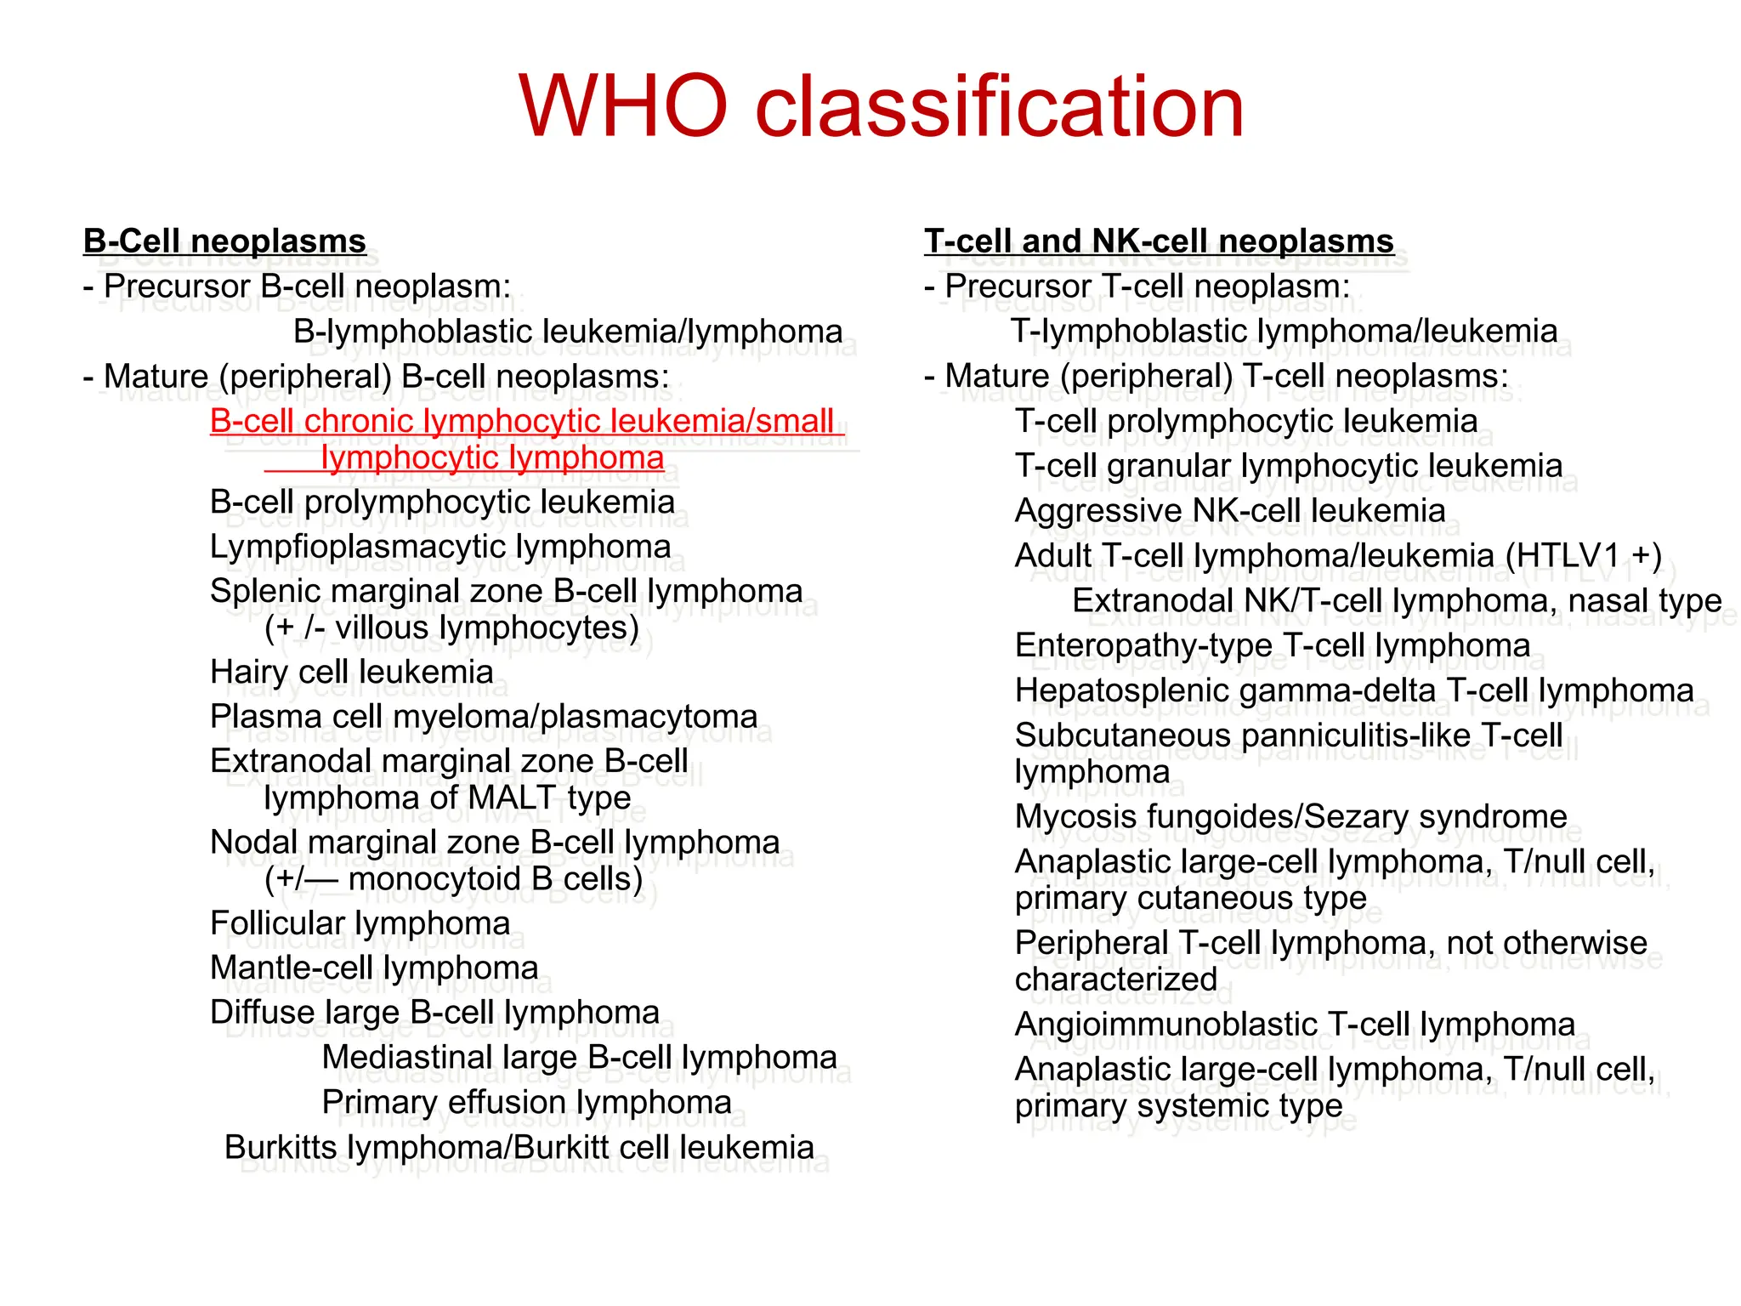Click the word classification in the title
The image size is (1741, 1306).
(1000, 108)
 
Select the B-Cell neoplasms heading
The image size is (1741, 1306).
(224, 241)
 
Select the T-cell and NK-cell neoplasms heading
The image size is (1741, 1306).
(1159, 241)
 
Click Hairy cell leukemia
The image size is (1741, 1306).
(351, 673)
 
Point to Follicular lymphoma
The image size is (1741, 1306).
(360, 923)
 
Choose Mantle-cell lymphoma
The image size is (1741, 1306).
(374, 968)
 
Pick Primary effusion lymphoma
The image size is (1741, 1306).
(526, 1103)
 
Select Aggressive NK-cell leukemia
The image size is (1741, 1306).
(1229, 512)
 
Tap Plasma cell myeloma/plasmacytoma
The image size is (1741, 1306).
(483, 718)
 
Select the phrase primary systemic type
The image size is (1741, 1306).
(1178, 1106)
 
